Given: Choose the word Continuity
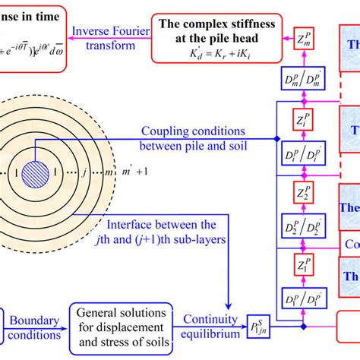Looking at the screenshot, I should [207, 321].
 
